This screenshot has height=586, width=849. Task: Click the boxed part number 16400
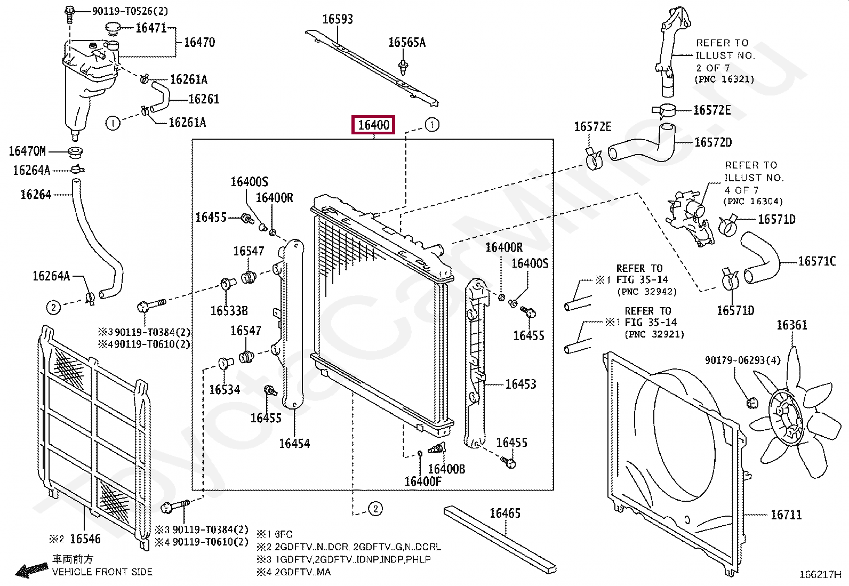tap(373, 125)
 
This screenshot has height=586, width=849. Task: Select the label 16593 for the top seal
tap(338, 20)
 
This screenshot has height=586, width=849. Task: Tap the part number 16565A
tap(407, 43)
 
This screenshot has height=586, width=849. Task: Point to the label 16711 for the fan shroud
tap(786, 515)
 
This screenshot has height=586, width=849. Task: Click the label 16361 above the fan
tap(791, 325)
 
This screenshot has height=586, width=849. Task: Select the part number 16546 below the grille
tap(85, 539)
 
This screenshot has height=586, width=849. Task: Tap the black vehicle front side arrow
tap(31, 571)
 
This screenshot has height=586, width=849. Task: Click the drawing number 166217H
tap(820, 575)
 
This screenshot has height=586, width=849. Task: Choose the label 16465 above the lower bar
tap(505, 513)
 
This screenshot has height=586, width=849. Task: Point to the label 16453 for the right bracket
tap(520, 384)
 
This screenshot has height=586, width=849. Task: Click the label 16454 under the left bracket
tap(294, 444)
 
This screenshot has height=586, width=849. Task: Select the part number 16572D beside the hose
tap(713, 142)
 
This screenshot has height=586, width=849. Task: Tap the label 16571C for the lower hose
tap(817, 261)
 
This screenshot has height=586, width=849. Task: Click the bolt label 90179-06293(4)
tap(742, 361)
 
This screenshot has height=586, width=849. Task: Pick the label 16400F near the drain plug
tap(423, 481)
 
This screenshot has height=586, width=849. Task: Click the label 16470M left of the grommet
tap(27, 151)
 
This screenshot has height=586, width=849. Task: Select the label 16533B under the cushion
tap(229, 311)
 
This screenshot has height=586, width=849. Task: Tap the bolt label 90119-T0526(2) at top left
tap(130, 11)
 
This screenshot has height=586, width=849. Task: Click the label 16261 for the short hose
tap(204, 99)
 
